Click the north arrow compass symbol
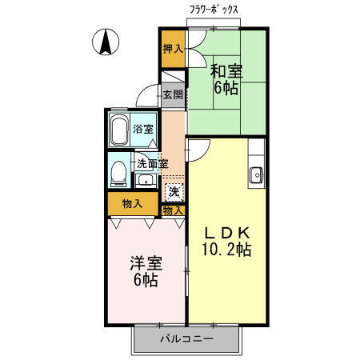point(104,42)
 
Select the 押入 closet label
point(173,48)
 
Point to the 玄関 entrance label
point(173,95)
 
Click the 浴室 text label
point(144,129)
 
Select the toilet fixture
point(118,173)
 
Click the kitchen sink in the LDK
point(257,174)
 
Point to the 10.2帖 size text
point(226,250)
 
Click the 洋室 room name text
point(146,263)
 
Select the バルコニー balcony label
point(186,339)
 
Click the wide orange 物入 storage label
point(133,204)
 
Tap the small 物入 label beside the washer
point(173,210)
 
